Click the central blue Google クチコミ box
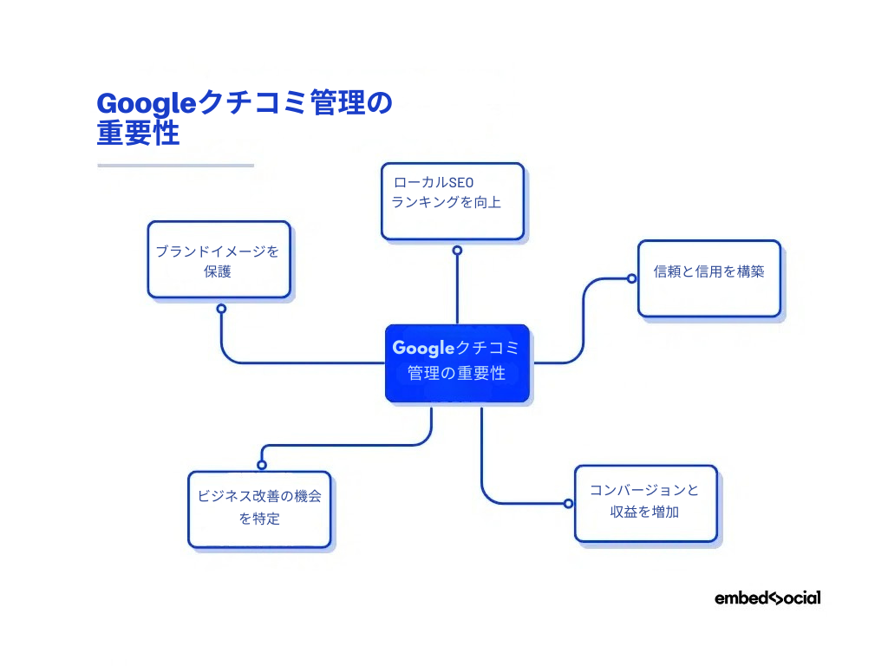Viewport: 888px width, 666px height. [x=457, y=363]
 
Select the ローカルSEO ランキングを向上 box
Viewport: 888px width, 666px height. [x=453, y=201]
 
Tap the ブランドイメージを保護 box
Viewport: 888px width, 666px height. [x=219, y=260]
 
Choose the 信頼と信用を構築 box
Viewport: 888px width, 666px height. [x=709, y=278]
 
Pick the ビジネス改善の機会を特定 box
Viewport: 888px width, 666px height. [x=259, y=509]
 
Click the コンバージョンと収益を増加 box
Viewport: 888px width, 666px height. [x=646, y=504]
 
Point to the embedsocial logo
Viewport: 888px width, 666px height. [x=767, y=597]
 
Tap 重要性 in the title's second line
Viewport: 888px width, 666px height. [x=139, y=134]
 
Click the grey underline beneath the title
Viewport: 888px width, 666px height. [x=175, y=165]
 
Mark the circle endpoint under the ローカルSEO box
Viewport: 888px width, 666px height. [x=457, y=250]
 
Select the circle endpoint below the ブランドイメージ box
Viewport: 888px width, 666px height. [x=221, y=309]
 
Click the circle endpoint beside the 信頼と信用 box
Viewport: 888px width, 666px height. [x=632, y=278]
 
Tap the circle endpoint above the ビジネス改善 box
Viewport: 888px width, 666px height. [x=262, y=465]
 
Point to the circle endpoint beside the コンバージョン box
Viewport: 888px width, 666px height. [x=568, y=503]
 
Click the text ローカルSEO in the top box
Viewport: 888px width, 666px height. [x=435, y=183]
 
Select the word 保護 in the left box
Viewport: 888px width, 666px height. [x=219, y=271]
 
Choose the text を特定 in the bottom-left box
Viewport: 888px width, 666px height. [x=259, y=519]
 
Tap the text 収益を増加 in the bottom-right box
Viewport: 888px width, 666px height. [x=646, y=513]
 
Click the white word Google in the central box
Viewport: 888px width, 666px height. [x=423, y=349]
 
